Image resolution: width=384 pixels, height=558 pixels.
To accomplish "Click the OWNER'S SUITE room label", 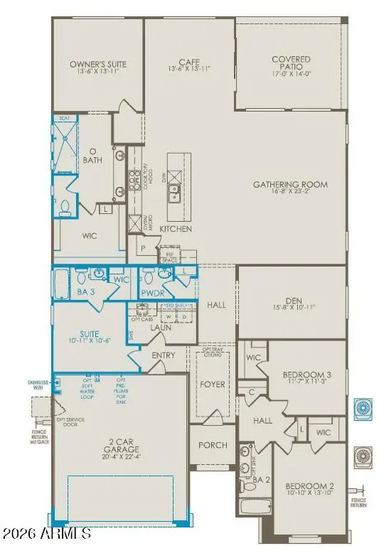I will click(x=97, y=64).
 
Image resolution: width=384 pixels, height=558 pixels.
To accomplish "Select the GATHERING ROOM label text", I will click(x=290, y=184).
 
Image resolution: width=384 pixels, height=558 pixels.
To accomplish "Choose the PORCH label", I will click(x=213, y=445).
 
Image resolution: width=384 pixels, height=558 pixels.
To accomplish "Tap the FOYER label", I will click(x=213, y=385).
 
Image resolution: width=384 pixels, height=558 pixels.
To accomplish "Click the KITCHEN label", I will click(x=176, y=230).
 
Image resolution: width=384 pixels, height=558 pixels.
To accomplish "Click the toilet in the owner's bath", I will click(x=65, y=206).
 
